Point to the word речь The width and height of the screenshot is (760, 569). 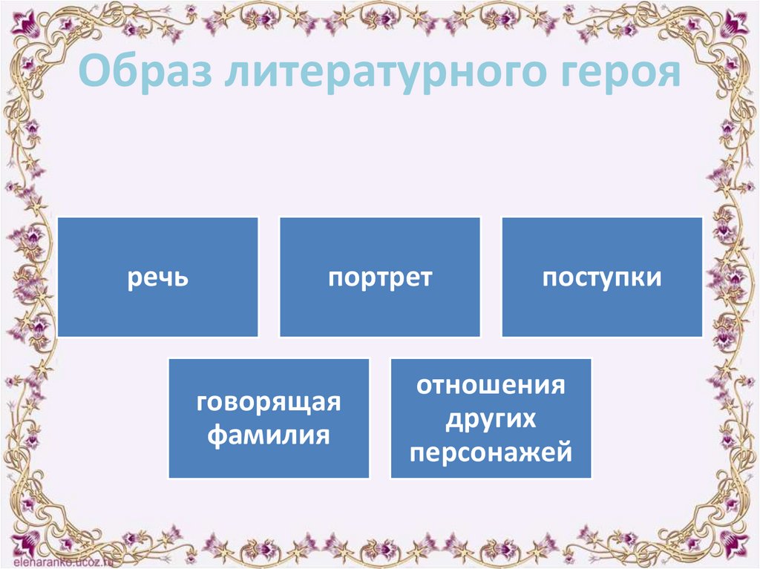click(x=157, y=279)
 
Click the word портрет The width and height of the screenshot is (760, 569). click(x=379, y=278)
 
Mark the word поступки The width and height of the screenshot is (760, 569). click(x=602, y=278)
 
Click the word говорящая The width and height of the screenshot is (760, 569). click(x=269, y=404)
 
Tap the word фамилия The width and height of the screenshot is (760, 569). click(x=269, y=433)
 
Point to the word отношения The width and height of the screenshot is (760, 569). click(x=491, y=386)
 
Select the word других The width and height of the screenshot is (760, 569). click(x=491, y=418)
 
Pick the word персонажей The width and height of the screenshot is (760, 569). click(x=491, y=451)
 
